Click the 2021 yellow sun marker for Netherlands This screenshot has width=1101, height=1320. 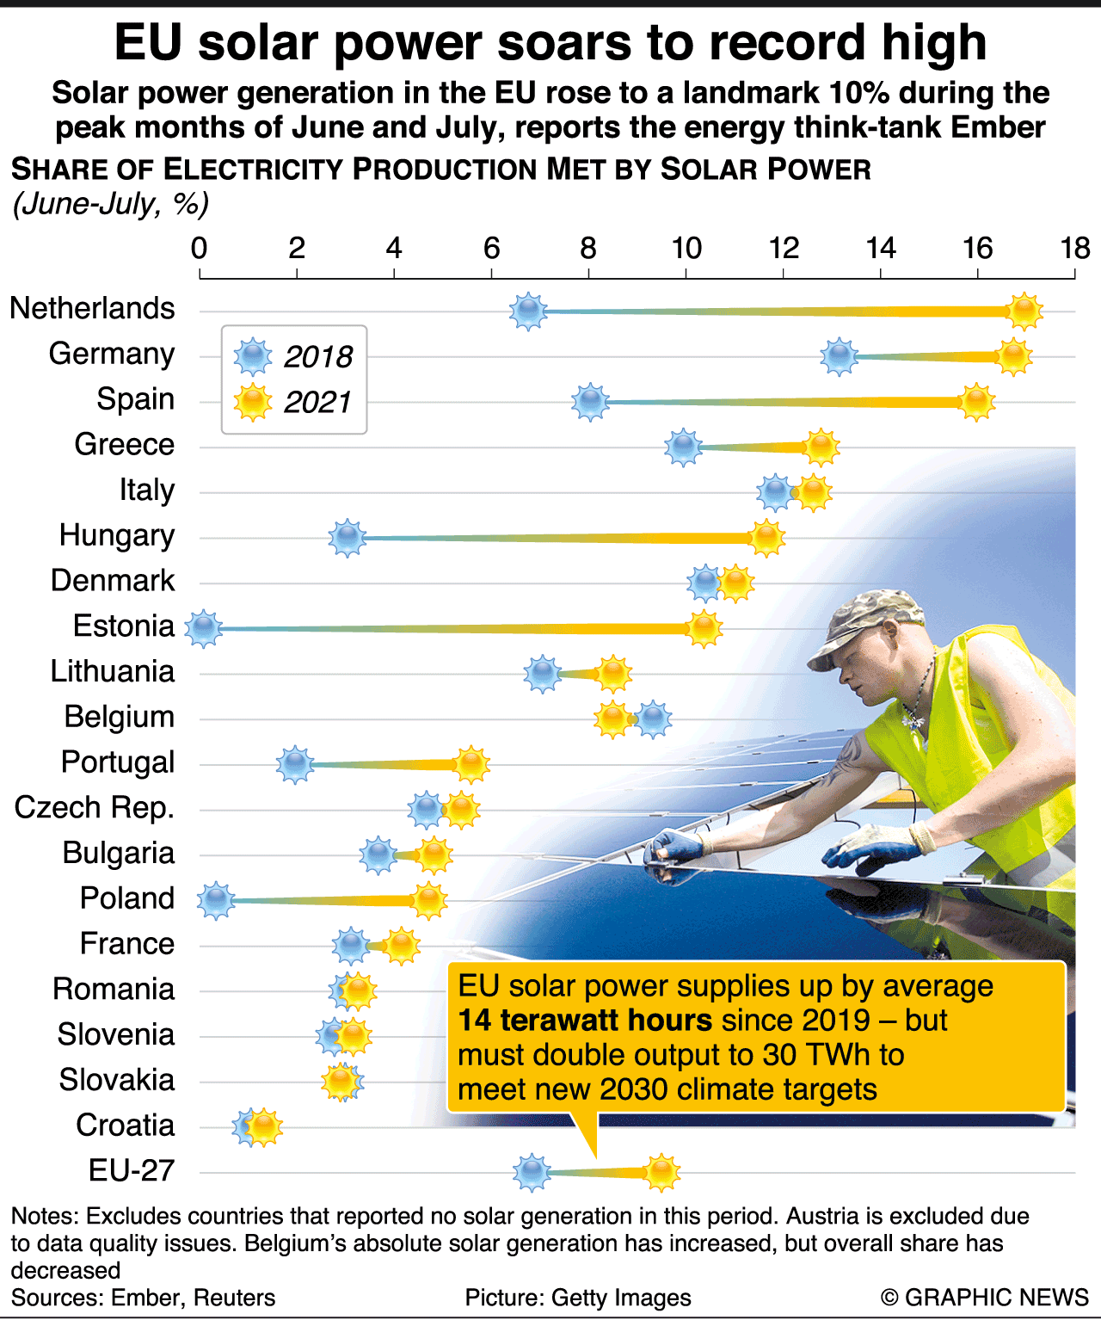[x=1024, y=311]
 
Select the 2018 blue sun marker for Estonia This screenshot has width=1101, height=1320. [x=203, y=629]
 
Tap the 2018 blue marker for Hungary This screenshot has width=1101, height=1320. [x=347, y=539]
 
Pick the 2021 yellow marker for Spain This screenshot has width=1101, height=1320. [x=977, y=402]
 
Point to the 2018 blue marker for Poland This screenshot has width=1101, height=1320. [x=215, y=901]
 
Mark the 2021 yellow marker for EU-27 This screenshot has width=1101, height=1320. [x=661, y=1172]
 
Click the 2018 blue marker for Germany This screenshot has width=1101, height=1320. [x=839, y=356]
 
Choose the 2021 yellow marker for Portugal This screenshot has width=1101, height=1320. [x=471, y=764]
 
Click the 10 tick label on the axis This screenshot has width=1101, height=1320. [x=686, y=249]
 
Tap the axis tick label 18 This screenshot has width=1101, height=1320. [x=1074, y=249]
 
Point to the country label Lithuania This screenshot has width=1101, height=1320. [x=113, y=671]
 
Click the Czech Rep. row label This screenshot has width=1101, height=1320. [x=95, y=807]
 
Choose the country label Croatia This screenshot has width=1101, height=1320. [x=125, y=1125]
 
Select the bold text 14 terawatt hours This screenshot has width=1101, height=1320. [x=585, y=1021]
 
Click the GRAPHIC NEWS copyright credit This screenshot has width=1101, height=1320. [x=986, y=1298]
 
